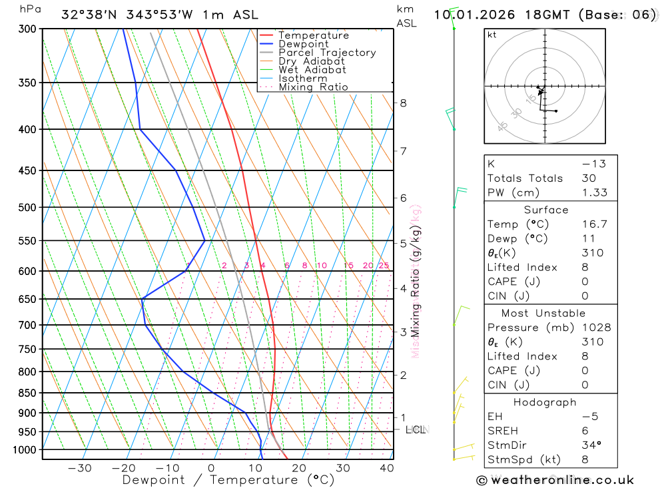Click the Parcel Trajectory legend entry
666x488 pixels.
coord(327,53)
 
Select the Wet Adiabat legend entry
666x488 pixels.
coord(312,70)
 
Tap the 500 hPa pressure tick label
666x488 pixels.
coord(27,208)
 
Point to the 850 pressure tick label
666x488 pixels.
coord(27,393)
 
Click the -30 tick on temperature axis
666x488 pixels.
coord(80,468)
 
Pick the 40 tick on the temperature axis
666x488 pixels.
coord(386,468)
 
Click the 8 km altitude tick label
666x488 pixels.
coord(404,103)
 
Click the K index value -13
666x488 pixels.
coord(591,164)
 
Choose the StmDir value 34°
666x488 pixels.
coord(589,445)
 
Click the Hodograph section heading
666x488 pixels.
coord(545,403)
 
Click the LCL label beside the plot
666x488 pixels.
coord(416,430)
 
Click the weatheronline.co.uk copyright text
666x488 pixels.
coord(555,480)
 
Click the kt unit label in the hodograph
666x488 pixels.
coord(492,35)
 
